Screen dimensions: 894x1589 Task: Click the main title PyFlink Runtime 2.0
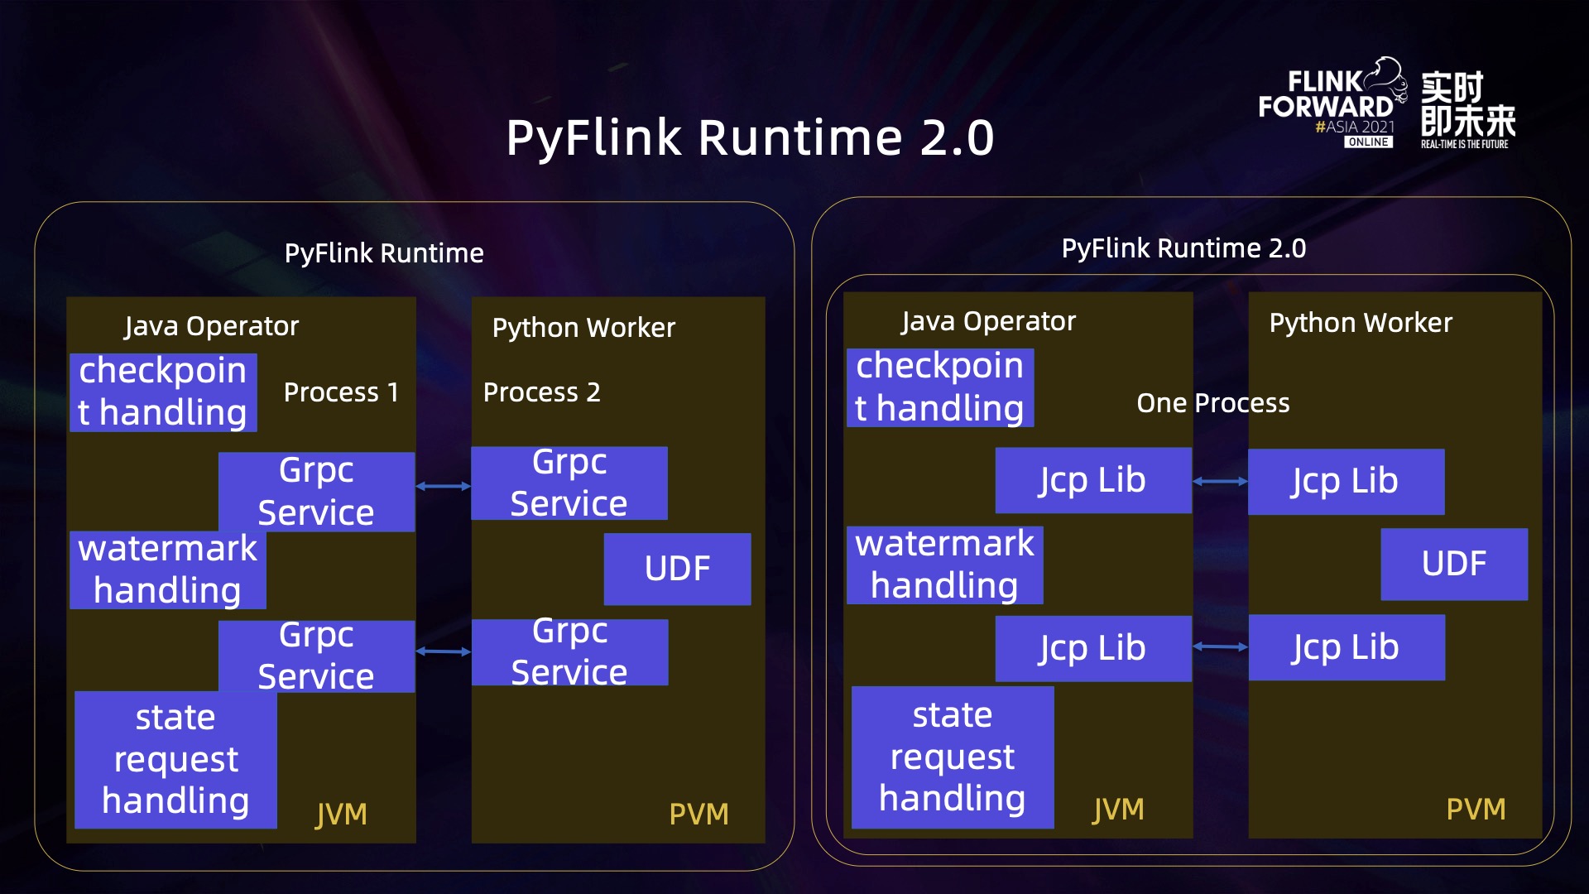(x=750, y=137)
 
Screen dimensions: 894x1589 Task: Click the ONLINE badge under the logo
(x=1368, y=142)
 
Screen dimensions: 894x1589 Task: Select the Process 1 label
(x=341, y=392)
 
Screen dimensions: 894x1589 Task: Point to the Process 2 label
(x=541, y=392)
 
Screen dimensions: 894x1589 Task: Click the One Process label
(x=1212, y=403)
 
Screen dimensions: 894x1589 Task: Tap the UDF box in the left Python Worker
(x=677, y=569)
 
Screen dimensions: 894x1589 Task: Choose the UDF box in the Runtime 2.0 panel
(x=1453, y=564)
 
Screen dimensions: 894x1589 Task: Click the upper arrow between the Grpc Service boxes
(x=443, y=486)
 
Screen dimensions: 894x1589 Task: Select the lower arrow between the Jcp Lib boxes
(x=1220, y=646)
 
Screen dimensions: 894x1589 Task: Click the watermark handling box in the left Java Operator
(x=167, y=570)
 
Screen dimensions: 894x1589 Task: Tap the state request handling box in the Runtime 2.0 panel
(x=952, y=757)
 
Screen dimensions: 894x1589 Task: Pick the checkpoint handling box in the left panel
(x=163, y=392)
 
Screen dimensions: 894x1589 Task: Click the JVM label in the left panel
(x=341, y=815)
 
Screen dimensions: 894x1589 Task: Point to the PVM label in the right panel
(x=1476, y=809)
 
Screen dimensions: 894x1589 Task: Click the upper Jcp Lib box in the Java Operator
(x=1092, y=480)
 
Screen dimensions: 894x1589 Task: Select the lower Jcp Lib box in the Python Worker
(x=1346, y=647)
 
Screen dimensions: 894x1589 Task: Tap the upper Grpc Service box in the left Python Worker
(x=569, y=483)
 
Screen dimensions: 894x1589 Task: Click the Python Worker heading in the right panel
(x=1361, y=322)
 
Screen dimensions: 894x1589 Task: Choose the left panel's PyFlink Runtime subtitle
(x=384, y=252)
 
